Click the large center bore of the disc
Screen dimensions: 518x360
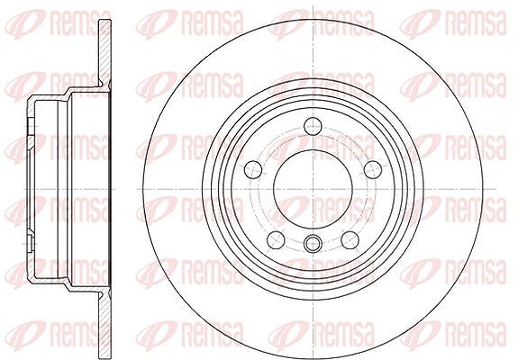(x=313, y=189)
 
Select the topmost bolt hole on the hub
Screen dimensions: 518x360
(x=313, y=126)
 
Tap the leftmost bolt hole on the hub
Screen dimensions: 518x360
(x=253, y=169)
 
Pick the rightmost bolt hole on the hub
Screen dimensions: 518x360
(x=373, y=169)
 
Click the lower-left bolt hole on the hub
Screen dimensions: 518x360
(x=276, y=240)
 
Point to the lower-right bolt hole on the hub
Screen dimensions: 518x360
(x=350, y=240)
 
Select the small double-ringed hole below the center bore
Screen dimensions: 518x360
(x=313, y=244)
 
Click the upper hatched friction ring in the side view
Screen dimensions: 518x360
(x=105, y=52)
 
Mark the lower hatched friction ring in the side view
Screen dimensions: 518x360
(x=105, y=324)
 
